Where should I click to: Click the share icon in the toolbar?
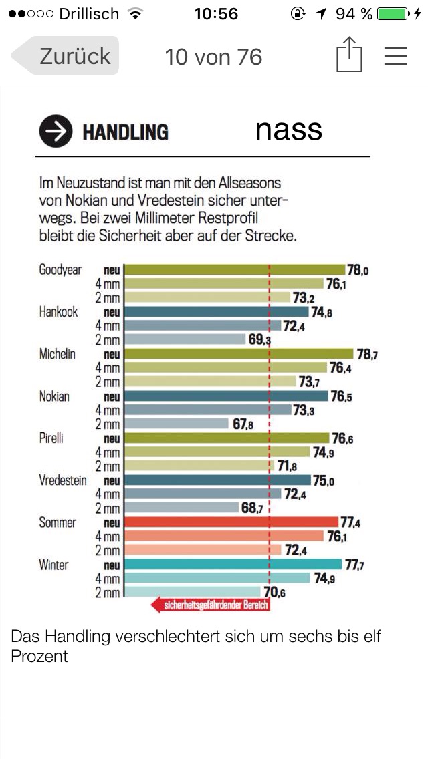point(348,55)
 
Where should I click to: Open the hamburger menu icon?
point(395,56)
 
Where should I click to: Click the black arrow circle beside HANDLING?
point(56,131)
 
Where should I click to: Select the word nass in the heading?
point(288,130)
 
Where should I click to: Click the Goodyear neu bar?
point(235,270)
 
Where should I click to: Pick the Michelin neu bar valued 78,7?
point(239,354)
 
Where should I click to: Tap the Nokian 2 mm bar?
point(177,424)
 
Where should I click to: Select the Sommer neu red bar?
point(231,522)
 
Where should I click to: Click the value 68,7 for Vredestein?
point(253,509)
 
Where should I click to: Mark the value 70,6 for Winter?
point(274,593)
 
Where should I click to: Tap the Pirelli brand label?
point(51,439)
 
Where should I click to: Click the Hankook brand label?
point(58,312)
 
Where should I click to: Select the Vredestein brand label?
point(63,481)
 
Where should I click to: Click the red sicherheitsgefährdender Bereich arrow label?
point(210,606)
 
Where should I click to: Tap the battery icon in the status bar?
point(393,13)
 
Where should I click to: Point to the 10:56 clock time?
point(216,13)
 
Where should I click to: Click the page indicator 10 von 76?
point(213,57)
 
